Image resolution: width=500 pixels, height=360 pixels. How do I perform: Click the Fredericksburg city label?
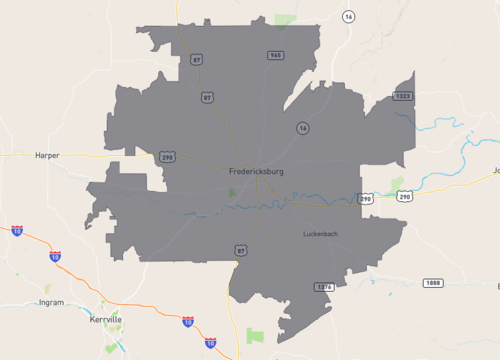(x=256, y=172)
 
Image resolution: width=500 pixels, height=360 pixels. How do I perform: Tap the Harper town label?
(x=47, y=156)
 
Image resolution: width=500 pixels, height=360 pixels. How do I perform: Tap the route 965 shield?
(x=273, y=55)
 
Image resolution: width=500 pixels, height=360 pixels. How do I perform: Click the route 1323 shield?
(x=402, y=96)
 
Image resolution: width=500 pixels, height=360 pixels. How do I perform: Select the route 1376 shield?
(x=323, y=287)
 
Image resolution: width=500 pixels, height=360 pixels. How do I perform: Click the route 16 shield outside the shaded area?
(x=348, y=18)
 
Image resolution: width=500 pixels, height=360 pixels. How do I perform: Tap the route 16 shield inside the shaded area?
(x=301, y=128)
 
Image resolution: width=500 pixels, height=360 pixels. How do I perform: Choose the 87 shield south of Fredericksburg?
(x=240, y=249)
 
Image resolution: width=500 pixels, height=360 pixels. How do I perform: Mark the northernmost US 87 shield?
(x=196, y=59)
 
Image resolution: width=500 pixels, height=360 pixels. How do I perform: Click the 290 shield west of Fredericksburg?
(x=168, y=157)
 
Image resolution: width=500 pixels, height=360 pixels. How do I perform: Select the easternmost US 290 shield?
(x=404, y=197)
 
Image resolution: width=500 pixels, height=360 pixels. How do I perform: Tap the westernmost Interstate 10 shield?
(x=17, y=231)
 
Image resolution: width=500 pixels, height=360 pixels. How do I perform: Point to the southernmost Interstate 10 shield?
(x=210, y=343)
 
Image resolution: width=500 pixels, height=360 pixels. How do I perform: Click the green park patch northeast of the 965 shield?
(x=287, y=20)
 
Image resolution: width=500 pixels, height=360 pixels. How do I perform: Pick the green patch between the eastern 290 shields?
(x=397, y=183)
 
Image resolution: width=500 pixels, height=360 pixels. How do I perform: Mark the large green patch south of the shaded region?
(x=255, y=335)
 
